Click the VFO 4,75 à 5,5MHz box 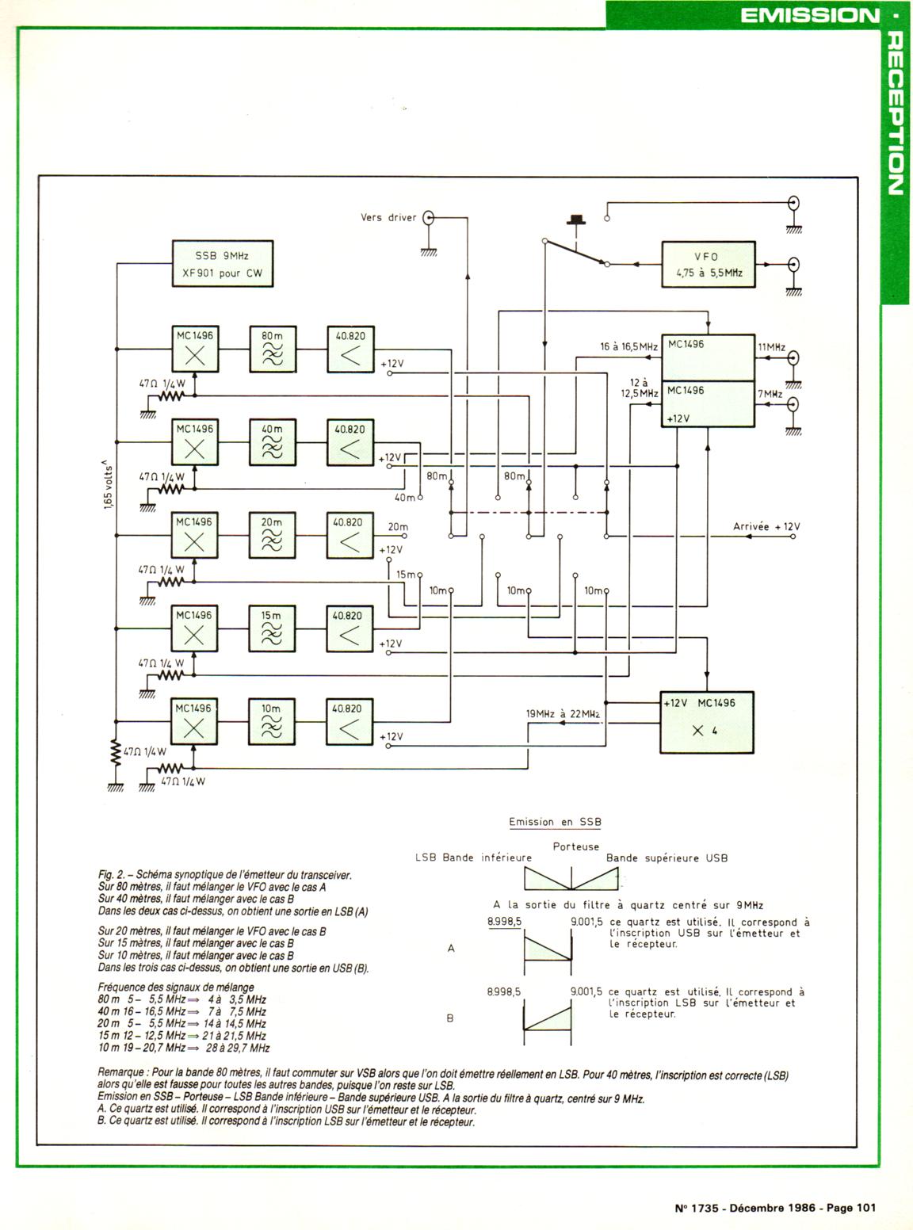point(708,265)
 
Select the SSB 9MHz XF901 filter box point(223,264)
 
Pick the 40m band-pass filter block point(272,441)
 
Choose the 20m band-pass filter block point(272,535)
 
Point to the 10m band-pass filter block point(272,721)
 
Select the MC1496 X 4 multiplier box point(707,721)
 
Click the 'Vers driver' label point(388,217)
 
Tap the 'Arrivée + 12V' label point(766,527)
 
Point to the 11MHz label point(771,347)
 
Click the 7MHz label point(770,394)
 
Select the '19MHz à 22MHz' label point(563,713)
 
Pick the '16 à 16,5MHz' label point(628,346)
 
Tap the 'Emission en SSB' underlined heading point(555,822)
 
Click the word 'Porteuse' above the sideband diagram point(576,846)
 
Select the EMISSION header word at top point(809,15)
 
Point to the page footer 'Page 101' point(851,1208)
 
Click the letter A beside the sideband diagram point(451,948)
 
